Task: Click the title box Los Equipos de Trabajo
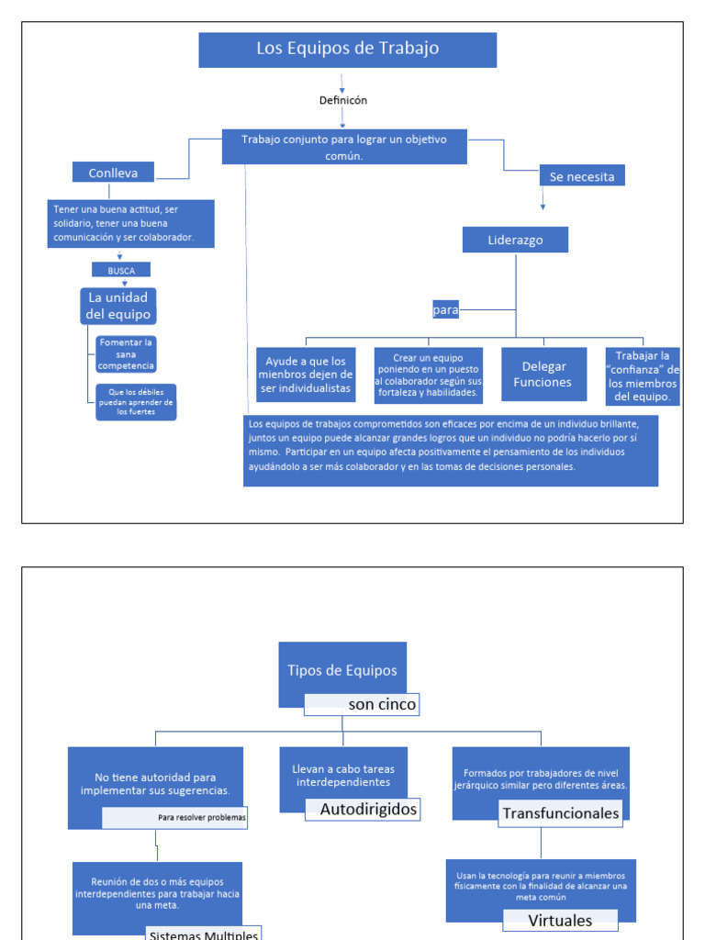coord(347,50)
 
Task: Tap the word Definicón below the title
coord(343,101)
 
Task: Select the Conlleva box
coord(113,173)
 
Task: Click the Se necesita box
coord(582,176)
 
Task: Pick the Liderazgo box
coord(515,241)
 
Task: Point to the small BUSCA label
coord(121,271)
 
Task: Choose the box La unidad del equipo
coord(117,306)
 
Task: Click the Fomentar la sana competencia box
coord(127,353)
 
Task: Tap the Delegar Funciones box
coord(544,374)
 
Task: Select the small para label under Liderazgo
coord(445,310)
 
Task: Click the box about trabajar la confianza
coord(643,376)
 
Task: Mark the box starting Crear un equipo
coord(428,375)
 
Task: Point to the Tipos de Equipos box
coord(342,671)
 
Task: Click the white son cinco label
coord(363,705)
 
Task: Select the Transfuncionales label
coord(560,813)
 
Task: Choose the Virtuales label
coord(560,920)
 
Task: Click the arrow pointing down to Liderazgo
coord(543,202)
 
